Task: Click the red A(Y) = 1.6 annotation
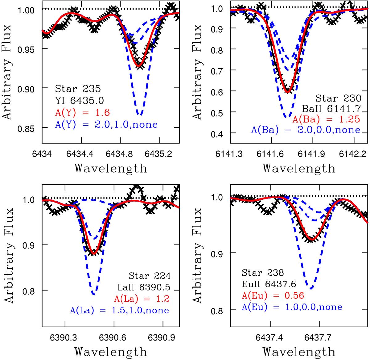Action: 83,112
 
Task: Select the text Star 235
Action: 78,89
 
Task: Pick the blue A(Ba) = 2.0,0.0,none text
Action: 306,130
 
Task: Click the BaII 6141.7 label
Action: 331,108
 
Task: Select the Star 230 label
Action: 338,98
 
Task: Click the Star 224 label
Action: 150,276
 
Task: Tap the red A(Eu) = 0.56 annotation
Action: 273,296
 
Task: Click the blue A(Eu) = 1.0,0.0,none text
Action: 292,307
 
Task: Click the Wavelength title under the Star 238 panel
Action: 299,352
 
